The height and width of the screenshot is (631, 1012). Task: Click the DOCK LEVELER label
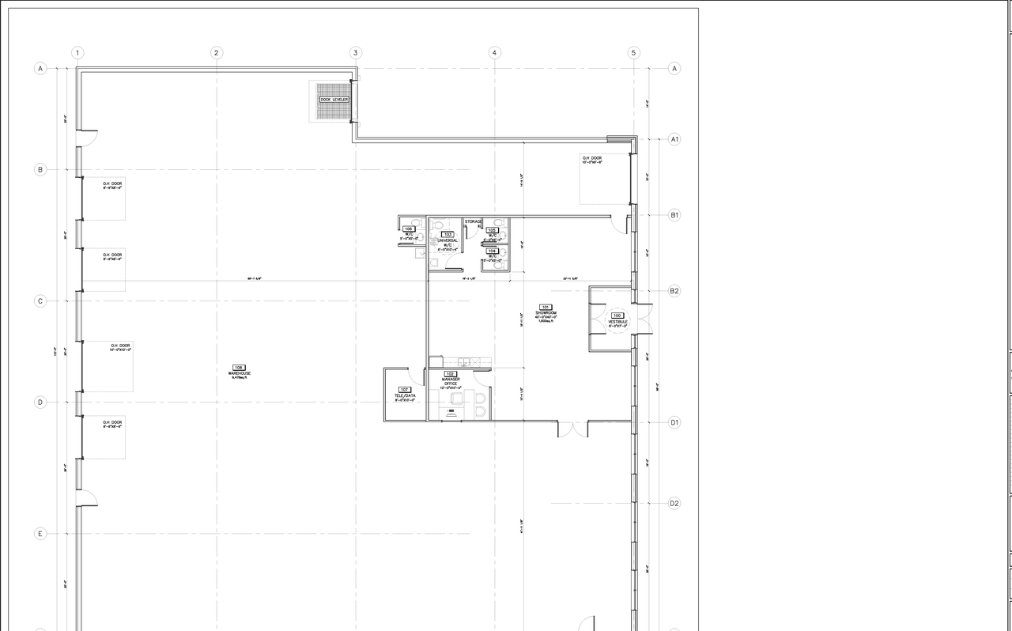pos(334,100)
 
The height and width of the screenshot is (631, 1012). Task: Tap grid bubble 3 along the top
pos(356,53)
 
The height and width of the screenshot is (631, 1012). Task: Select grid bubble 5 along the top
pos(633,53)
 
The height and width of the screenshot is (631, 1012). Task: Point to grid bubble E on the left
pos(40,534)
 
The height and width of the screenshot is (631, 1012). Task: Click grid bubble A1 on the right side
pos(674,139)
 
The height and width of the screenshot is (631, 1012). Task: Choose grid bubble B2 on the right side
pos(674,291)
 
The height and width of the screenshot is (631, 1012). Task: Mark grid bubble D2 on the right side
pos(674,503)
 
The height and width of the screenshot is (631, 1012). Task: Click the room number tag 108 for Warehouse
pos(239,368)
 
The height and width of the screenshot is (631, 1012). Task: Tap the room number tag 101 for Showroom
pos(546,307)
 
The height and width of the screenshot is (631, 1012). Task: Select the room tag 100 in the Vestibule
pos(617,315)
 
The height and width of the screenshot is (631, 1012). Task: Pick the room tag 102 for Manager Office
pos(451,374)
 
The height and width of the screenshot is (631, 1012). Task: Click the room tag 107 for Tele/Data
pos(405,390)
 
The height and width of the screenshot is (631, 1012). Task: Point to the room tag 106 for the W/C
pos(409,229)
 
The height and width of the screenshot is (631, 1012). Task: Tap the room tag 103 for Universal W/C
pos(447,235)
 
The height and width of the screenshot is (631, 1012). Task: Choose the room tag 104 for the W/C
pos(491,251)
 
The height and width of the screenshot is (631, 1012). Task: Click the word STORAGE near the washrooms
pos(473,222)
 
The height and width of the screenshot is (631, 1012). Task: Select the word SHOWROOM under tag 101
pos(546,313)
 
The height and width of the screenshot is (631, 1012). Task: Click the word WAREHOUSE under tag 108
pos(240,373)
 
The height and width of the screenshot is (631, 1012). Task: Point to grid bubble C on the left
pos(40,301)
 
